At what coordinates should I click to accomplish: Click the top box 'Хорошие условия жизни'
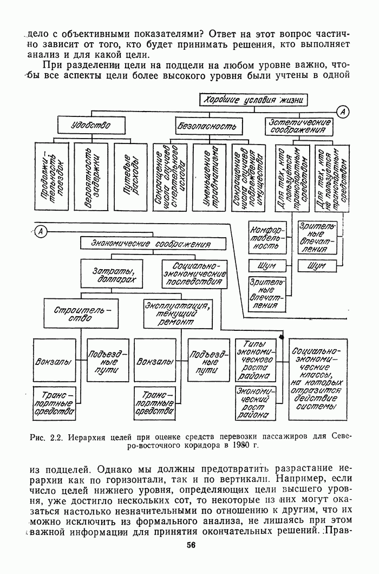(254, 100)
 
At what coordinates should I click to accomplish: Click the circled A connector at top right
(342, 112)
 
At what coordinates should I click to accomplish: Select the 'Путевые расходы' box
(132, 176)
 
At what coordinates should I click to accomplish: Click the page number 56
(191, 545)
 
